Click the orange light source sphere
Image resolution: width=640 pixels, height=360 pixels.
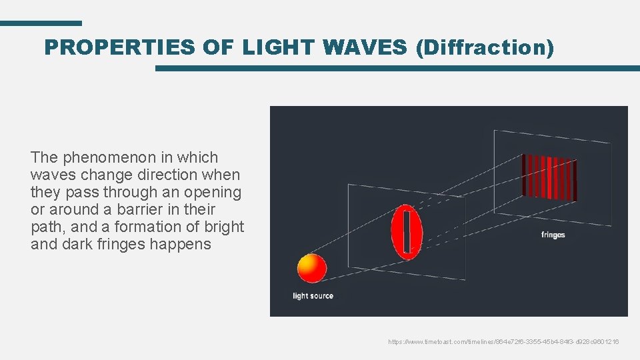pos(311,268)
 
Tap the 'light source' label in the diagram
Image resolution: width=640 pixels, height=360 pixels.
pos(313,295)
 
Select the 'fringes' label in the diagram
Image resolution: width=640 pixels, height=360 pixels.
pos(553,235)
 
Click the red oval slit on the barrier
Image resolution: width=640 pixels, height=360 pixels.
pos(407,232)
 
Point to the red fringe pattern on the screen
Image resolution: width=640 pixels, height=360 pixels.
pos(549,177)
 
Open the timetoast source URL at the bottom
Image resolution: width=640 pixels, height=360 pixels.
pos(503,341)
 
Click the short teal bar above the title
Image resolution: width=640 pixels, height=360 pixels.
pos(41,23)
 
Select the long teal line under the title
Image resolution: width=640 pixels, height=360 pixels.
pos(397,68)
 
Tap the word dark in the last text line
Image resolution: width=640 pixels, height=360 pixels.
pos(73,244)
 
